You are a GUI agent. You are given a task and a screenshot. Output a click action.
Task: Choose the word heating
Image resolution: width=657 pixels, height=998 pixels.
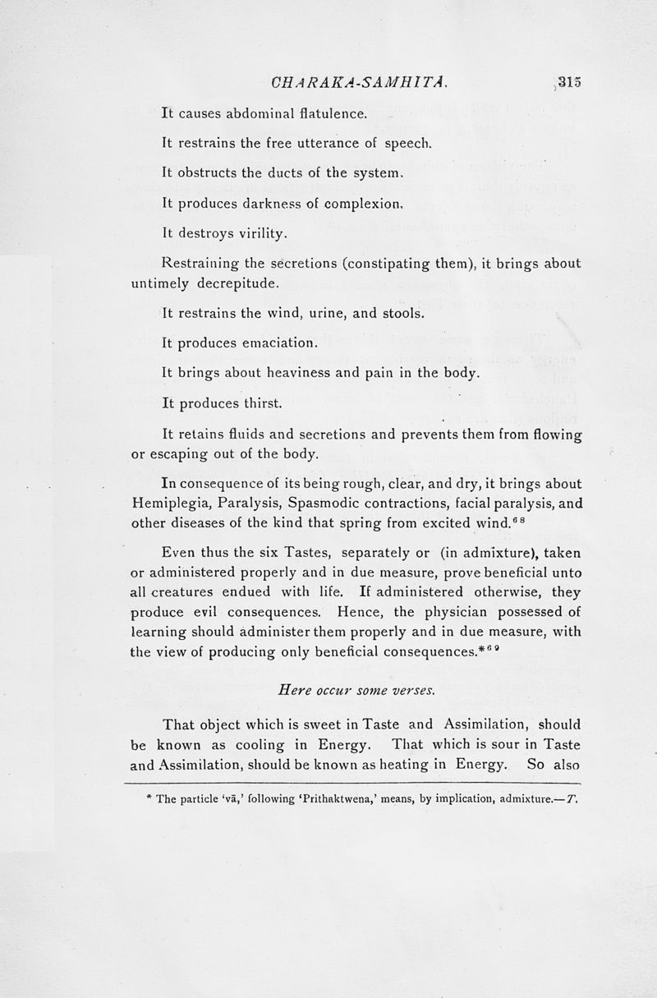(394, 766)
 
